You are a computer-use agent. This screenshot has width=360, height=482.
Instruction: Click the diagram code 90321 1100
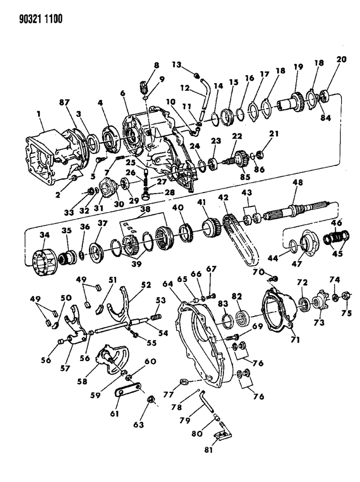(41, 19)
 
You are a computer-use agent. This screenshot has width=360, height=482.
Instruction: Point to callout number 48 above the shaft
(298, 183)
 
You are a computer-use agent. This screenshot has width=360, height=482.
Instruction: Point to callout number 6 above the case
(123, 94)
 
